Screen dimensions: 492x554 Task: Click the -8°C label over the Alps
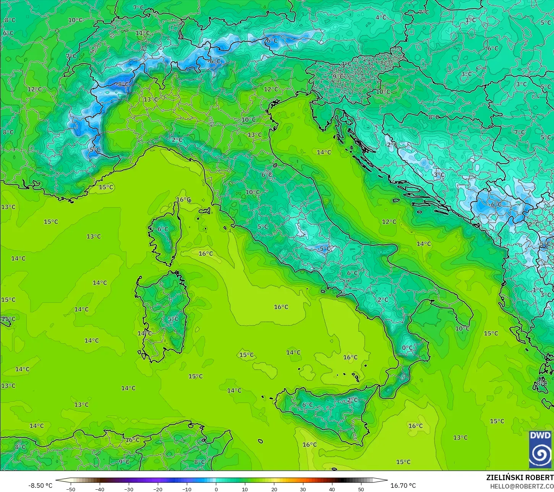(x=123, y=84)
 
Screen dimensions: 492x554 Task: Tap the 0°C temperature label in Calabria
(x=407, y=348)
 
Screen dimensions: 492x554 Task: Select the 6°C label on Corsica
(x=163, y=229)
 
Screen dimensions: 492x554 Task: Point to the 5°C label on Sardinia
(x=173, y=319)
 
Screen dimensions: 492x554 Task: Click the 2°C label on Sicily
(x=352, y=400)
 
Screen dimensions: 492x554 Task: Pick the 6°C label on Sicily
(x=307, y=405)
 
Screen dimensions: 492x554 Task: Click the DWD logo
(x=540, y=450)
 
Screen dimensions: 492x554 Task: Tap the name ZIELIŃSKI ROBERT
(x=520, y=477)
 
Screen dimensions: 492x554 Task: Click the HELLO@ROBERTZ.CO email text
(x=522, y=486)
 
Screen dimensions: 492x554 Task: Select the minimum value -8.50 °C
(x=40, y=486)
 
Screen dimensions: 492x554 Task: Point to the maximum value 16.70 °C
(x=403, y=486)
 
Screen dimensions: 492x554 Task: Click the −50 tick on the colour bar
(x=71, y=489)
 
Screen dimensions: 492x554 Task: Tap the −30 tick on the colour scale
(x=129, y=489)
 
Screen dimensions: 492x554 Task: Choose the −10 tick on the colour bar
(x=187, y=489)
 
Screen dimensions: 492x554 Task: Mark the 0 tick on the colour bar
(x=216, y=489)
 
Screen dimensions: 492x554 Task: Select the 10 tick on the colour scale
(x=245, y=489)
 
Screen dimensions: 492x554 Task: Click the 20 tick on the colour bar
(x=274, y=489)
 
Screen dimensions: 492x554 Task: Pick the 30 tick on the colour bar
(x=303, y=489)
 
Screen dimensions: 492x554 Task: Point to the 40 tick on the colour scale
(x=332, y=489)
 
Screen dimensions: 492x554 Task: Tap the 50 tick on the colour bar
(x=361, y=489)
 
